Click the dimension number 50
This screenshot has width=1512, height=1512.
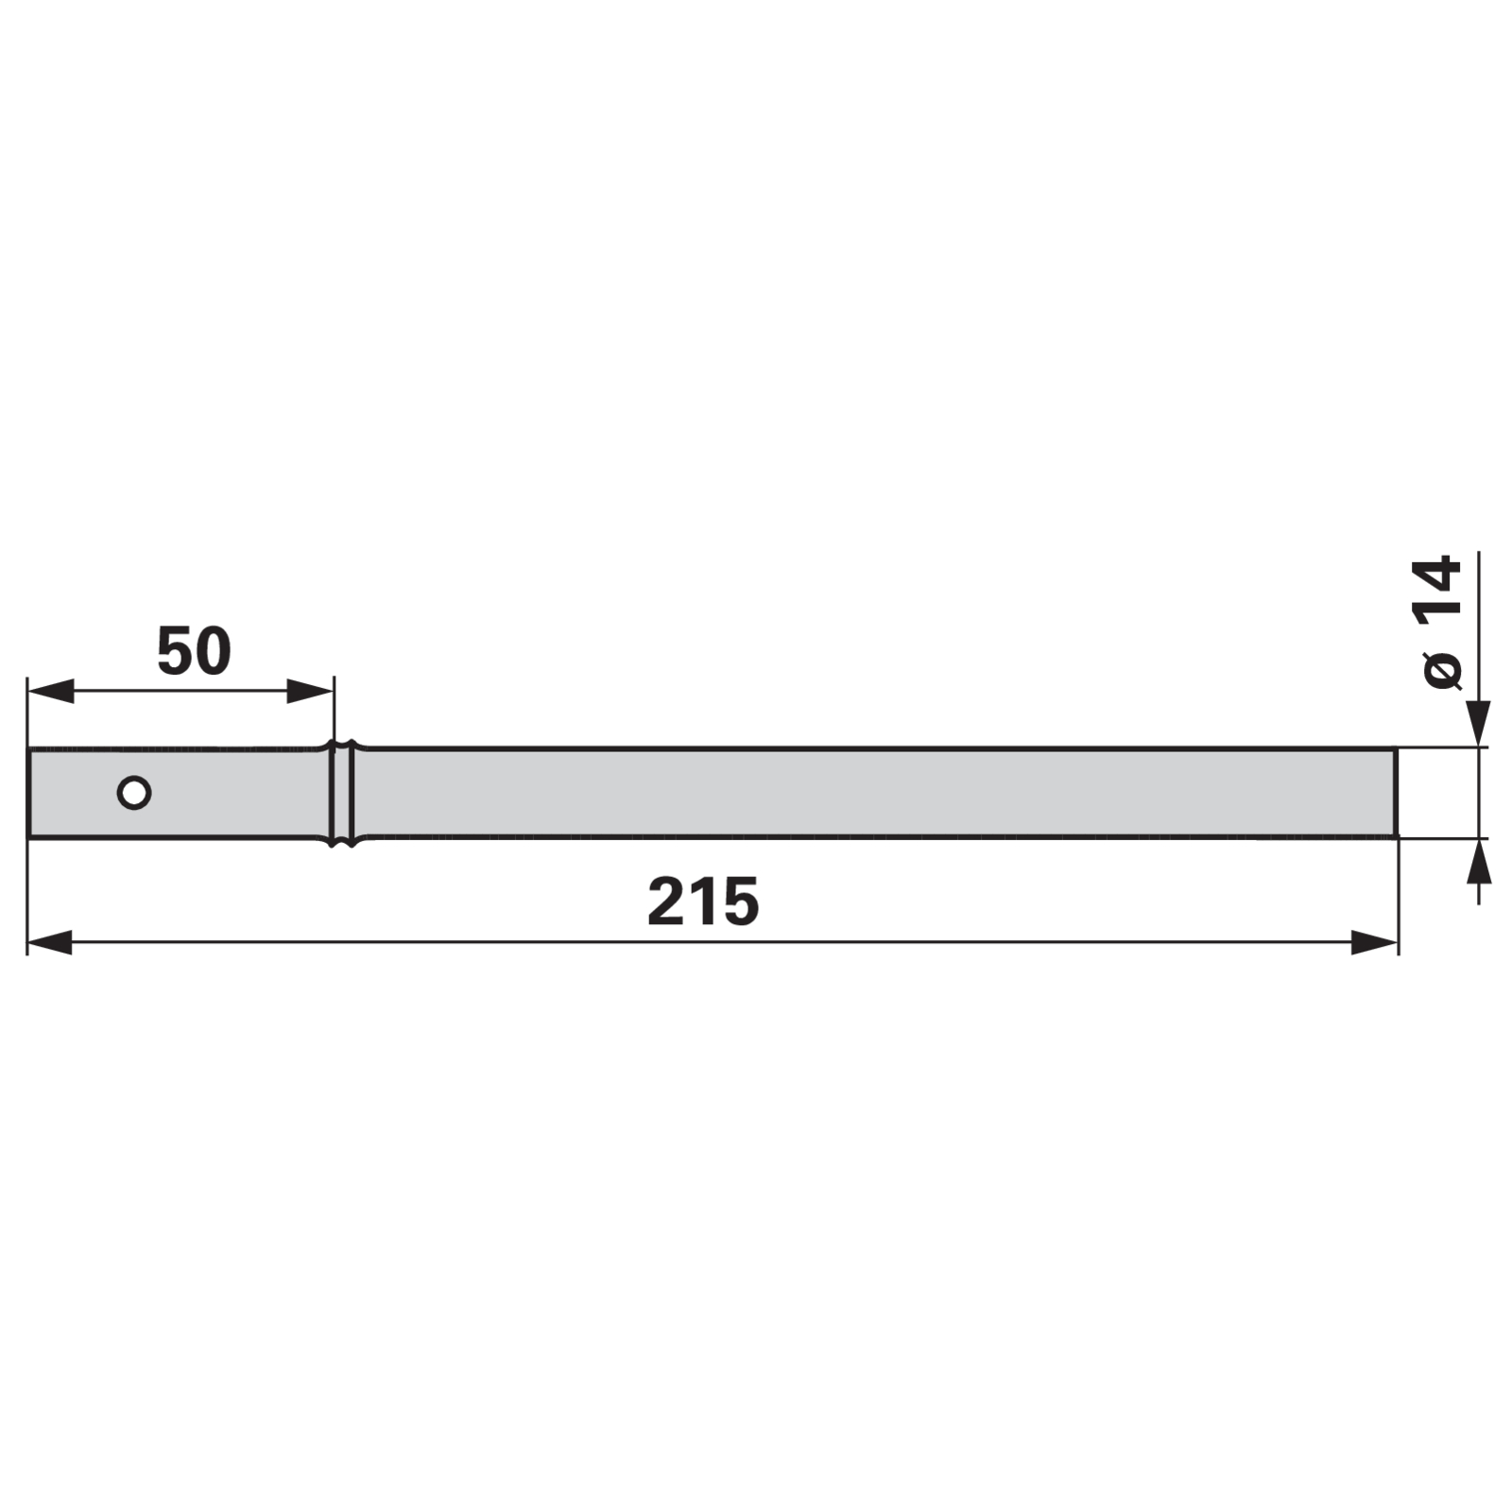(x=194, y=651)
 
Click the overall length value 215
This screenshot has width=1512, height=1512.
(x=703, y=902)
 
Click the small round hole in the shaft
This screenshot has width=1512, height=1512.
(x=134, y=792)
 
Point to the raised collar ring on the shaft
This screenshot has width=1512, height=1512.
(x=342, y=792)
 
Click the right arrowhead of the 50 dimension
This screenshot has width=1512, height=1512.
(x=310, y=691)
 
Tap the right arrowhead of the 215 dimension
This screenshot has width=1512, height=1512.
(x=1374, y=942)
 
